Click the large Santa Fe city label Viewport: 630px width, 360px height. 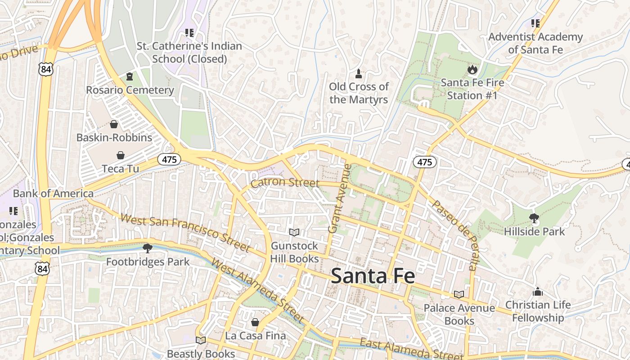coord(373,276)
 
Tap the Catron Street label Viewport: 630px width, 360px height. coord(285,183)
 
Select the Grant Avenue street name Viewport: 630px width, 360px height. coord(340,198)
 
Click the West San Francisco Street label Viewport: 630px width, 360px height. coord(185,233)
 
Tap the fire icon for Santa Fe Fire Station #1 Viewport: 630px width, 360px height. coord(472,69)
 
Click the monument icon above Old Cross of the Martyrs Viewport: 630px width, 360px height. coord(359,73)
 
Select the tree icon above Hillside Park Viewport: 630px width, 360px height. coord(534,218)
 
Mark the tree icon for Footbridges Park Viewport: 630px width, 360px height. coord(147,248)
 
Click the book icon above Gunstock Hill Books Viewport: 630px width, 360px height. coord(294,232)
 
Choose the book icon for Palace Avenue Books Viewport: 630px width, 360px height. coord(459,294)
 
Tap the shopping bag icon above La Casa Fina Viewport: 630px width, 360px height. coord(255,322)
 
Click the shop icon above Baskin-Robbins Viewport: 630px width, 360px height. coord(114,124)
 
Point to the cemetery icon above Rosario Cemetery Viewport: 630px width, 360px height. coord(130,76)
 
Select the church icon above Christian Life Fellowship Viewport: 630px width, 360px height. coord(537,292)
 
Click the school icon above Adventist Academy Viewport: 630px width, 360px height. coord(535,23)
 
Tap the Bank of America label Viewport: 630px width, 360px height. coord(53,193)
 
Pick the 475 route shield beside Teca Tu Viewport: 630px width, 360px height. coord(169,159)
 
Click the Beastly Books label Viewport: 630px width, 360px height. coord(201,354)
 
